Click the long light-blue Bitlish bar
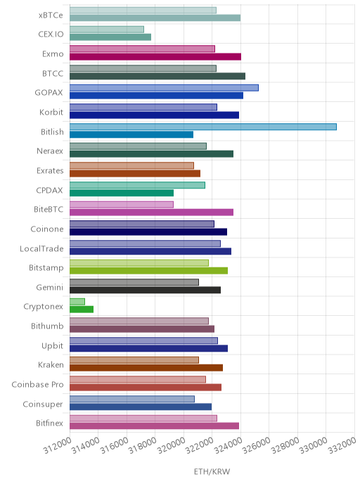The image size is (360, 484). click(x=203, y=127)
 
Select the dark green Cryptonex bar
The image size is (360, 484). click(x=82, y=310)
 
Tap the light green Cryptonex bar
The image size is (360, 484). click(x=77, y=302)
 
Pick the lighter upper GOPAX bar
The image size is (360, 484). click(x=164, y=88)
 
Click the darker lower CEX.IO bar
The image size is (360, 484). click(x=110, y=37)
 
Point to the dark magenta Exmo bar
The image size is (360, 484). click(x=155, y=57)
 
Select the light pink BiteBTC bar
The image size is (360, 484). click(x=122, y=204)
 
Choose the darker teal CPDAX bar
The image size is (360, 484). click(x=122, y=193)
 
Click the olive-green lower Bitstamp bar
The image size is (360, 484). click(x=148, y=271)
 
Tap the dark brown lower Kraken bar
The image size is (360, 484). click(x=146, y=368)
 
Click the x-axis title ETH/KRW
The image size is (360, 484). click(x=212, y=471)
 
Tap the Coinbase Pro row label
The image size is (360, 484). click(x=37, y=385)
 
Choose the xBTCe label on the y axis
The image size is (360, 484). click(x=51, y=15)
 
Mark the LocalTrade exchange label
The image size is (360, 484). click(x=41, y=248)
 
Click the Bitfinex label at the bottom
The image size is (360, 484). click(x=50, y=423)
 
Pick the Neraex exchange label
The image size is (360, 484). click(x=50, y=151)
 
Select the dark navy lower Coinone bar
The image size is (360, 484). click(x=148, y=232)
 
